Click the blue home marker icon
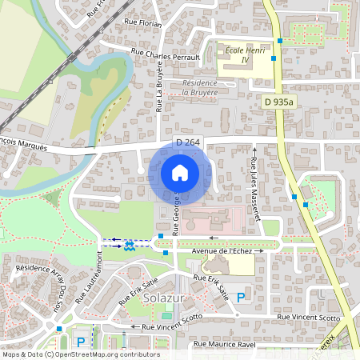(x=180, y=173)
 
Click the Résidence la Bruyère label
(x=200, y=87)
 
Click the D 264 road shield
(x=187, y=142)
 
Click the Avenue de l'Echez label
(x=222, y=251)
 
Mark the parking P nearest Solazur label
(x=240, y=297)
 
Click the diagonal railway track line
(x=48, y=80)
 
